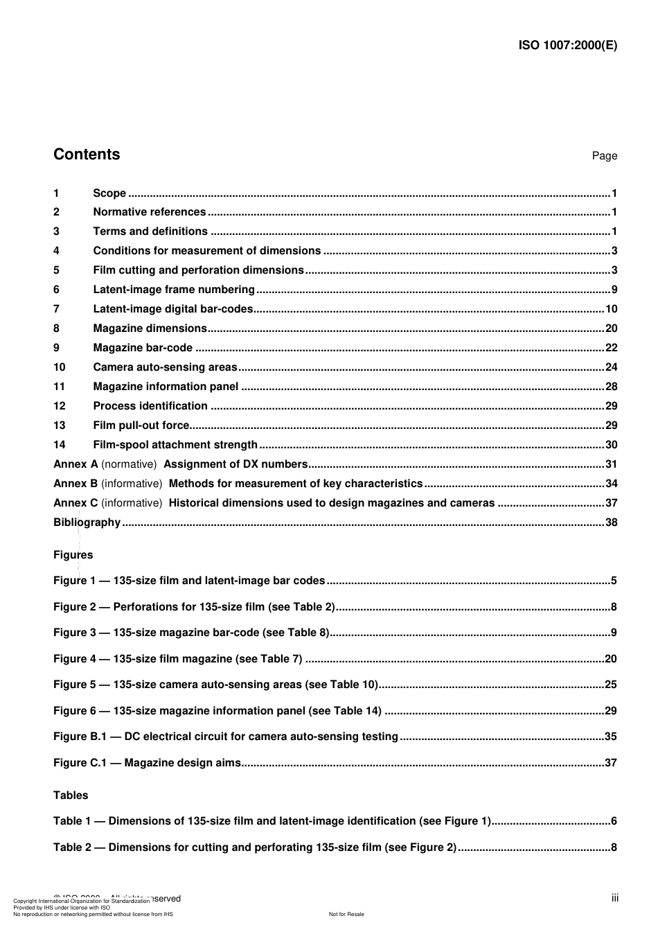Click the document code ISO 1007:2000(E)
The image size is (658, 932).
(x=567, y=46)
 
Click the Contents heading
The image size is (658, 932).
(x=87, y=155)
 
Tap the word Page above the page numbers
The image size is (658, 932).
(x=604, y=156)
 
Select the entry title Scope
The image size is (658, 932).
(x=109, y=193)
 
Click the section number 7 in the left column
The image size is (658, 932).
(x=57, y=309)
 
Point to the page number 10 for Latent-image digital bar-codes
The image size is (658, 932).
(x=611, y=309)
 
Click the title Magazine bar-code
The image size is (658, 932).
(x=143, y=348)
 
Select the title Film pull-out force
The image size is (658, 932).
(x=141, y=425)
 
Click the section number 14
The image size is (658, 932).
(x=60, y=445)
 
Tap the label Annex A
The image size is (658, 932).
(x=75, y=464)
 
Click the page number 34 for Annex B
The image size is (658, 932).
(x=611, y=484)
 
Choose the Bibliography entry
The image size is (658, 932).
(x=87, y=522)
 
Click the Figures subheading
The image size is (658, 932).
(x=73, y=555)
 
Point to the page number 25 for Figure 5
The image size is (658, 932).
(x=610, y=685)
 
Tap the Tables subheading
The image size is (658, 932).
(x=71, y=795)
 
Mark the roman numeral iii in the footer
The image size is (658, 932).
(x=614, y=899)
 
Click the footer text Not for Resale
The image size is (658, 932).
(x=346, y=914)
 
